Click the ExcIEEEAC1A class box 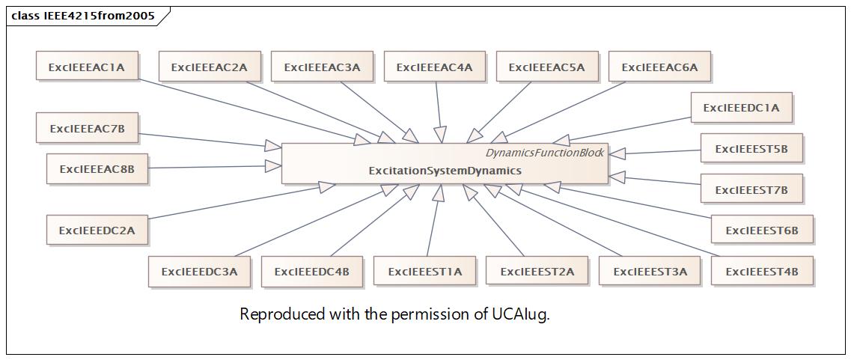[x=87, y=67]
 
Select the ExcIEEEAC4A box [x=435, y=67]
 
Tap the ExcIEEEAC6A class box [x=659, y=67]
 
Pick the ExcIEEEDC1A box [x=742, y=108]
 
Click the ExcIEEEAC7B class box [x=87, y=127]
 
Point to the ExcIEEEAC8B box [x=97, y=168]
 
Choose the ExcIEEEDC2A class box [x=97, y=230]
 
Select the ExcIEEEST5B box [x=751, y=147]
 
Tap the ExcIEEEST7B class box [x=751, y=189]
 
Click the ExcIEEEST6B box [x=762, y=230]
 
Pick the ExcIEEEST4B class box [x=762, y=271]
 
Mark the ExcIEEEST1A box [x=425, y=271]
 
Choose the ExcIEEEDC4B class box [x=312, y=271]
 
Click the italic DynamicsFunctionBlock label [x=544, y=153]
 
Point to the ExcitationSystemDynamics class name [x=445, y=171]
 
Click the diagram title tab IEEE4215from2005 [x=84, y=16]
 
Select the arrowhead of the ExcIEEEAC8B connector [x=273, y=166]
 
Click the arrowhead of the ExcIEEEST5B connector [x=617, y=154]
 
